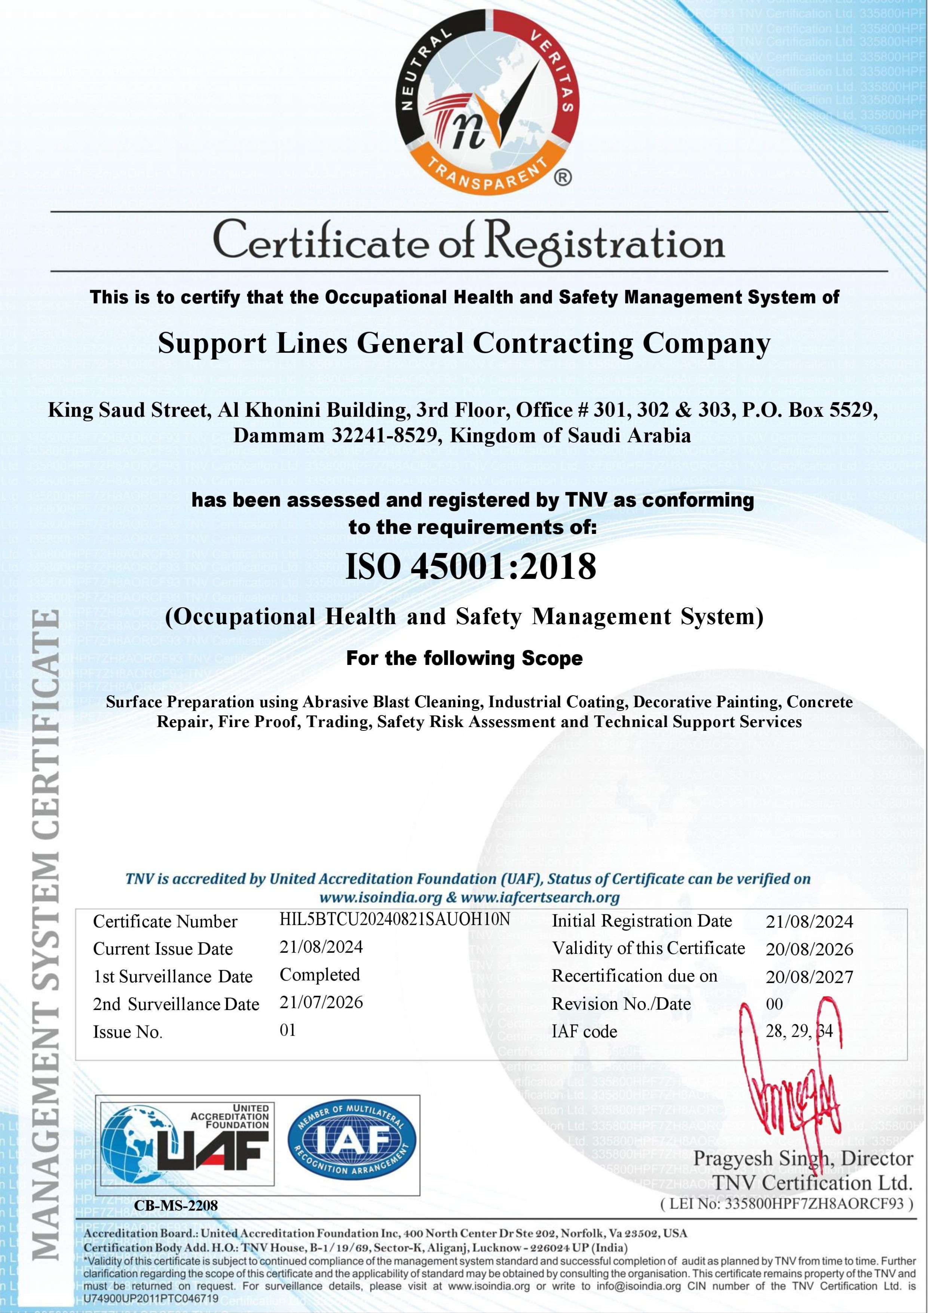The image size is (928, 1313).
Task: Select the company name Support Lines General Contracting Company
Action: [x=464, y=343]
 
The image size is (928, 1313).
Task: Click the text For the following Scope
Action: [x=464, y=658]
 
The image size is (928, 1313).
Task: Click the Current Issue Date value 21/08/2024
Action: [x=321, y=947]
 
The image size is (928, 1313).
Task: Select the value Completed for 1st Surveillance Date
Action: [x=320, y=974]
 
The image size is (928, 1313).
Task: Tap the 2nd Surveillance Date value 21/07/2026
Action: [x=321, y=1002]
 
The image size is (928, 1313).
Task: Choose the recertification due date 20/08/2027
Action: [x=809, y=977]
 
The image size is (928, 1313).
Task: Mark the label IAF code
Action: [x=584, y=1032]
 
